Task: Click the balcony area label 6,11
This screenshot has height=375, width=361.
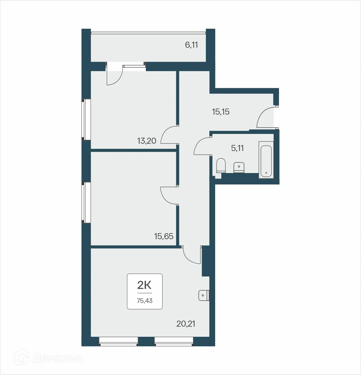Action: coord(191,45)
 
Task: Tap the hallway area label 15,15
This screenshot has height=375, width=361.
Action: coord(221,112)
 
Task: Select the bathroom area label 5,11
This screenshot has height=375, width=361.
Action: coord(237,148)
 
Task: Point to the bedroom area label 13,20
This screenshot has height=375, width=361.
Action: coord(147,141)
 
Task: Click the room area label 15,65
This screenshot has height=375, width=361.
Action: coord(164,236)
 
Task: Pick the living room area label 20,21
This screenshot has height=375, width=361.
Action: coord(186,324)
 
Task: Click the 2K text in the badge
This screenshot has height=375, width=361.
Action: coord(144,284)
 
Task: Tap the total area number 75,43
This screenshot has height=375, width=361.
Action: coord(145,301)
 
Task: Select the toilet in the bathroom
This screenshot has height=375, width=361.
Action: coord(221,165)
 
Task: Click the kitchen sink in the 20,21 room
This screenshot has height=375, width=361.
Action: coord(204,295)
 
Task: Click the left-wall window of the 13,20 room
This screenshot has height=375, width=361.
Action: coord(87,119)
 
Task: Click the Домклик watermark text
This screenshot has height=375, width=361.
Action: coord(57,358)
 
